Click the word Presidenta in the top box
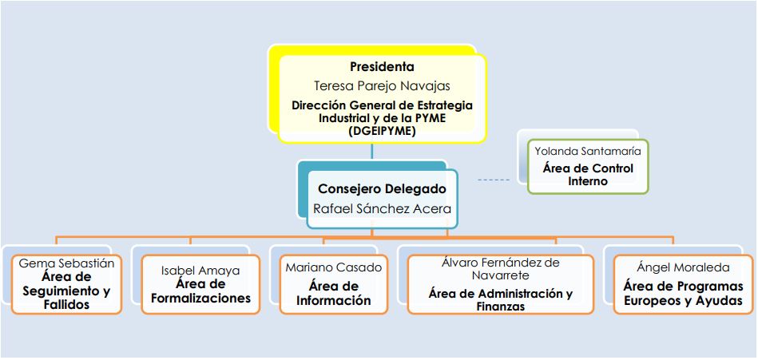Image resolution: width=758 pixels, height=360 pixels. coord(381,67)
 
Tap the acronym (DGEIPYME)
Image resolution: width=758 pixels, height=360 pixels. coord(381,131)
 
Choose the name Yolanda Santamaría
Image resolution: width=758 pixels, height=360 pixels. coord(587,150)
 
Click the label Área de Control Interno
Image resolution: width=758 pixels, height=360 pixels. coord(587,175)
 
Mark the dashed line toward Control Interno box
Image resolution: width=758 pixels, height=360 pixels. coord(493,180)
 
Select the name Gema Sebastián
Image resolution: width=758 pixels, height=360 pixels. coord(66,263)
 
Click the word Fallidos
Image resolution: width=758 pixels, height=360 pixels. coord(67,305)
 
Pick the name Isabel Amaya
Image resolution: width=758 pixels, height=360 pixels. coord(200,271)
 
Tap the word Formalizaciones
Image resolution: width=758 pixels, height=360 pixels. coord(200,299)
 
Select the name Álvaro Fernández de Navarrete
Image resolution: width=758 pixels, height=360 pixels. coord(501,268)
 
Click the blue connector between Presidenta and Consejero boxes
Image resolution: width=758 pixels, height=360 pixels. coord(371,152)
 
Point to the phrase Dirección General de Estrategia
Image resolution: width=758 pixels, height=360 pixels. coord(381,105)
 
